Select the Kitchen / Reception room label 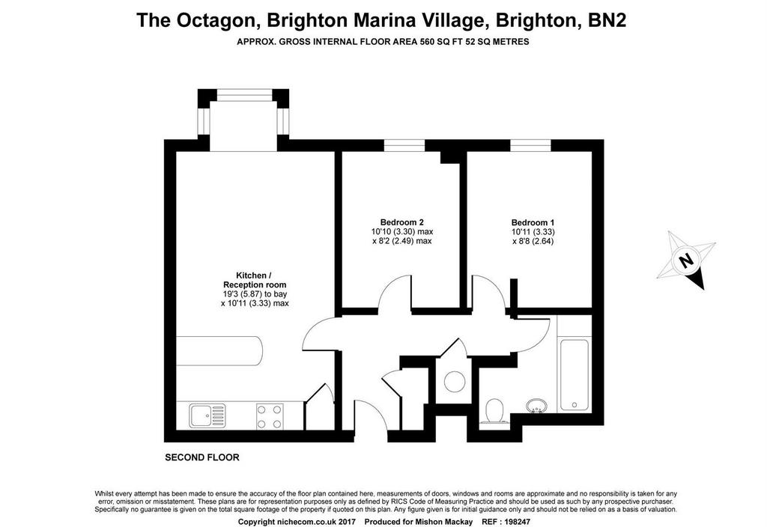click(x=255, y=280)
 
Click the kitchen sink click(x=208, y=415)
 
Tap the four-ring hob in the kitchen click(x=270, y=416)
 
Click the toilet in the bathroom click(x=494, y=411)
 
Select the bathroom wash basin click(x=536, y=406)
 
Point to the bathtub click(x=574, y=375)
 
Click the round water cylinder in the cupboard click(x=453, y=381)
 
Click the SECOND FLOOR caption click(x=202, y=457)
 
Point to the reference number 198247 click(x=516, y=522)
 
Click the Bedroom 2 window click(x=404, y=145)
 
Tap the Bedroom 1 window click(x=531, y=145)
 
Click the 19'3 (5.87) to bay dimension click(x=255, y=294)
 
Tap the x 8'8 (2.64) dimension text click(x=533, y=241)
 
